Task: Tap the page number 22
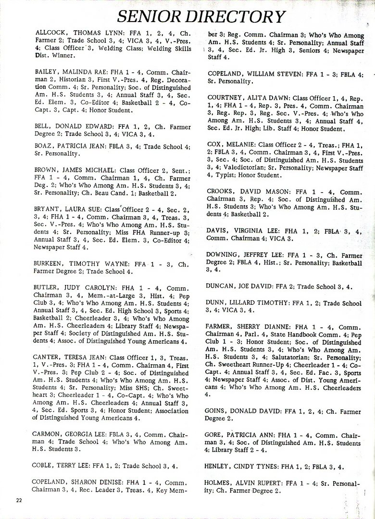point(19,500)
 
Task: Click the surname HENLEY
point(219,466)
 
